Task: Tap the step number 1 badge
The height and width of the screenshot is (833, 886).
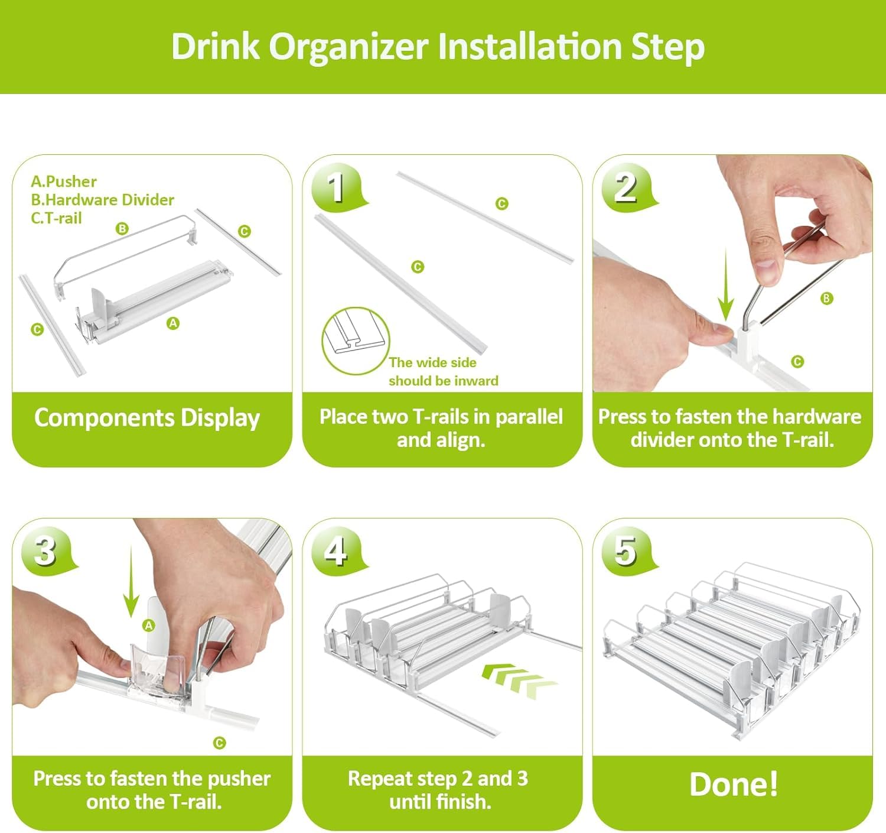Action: (x=336, y=187)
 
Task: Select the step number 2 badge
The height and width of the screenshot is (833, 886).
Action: (x=626, y=187)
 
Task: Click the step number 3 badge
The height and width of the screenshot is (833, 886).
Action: (x=45, y=551)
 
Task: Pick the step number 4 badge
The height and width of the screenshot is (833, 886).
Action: (x=336, y=551)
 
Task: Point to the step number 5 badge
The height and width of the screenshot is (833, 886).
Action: (x=626, y=551)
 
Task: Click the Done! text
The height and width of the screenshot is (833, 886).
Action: (x=733, y=785)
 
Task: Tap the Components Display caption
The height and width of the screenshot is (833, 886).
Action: (x=147, y=418)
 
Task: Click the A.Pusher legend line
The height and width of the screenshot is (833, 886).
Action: (x=64, y=181)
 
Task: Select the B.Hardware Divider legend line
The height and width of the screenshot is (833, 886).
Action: (x=102, y=200)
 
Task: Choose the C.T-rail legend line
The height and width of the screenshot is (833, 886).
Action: (x=56, y=218)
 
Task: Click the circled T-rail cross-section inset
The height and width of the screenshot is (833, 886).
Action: (x=356, y=341)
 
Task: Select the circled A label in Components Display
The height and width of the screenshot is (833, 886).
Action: (x=173, y=323)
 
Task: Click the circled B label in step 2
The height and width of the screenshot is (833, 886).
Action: (x=826, y=299)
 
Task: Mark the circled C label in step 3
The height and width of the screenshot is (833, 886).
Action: (x=219, y=743)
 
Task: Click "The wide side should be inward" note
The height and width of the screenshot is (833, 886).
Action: (x=443, y=372)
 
